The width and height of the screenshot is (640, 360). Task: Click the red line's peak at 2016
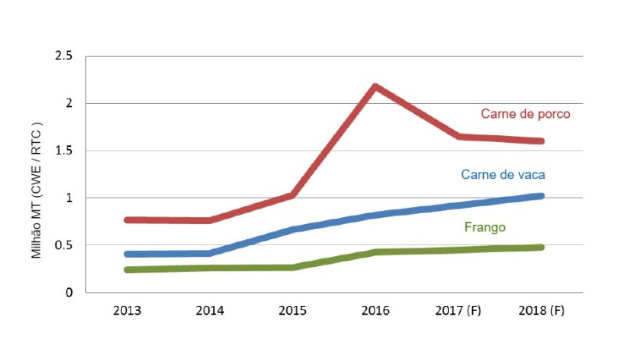click(x=375, y=86)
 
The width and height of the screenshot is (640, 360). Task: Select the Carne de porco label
click(x=525, y=113)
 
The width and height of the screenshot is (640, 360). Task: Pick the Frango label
click(x=485, y=227)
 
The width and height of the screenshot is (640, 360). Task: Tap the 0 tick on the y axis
click(x=69, y=292)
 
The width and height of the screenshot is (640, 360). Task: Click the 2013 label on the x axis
click(x=126, y=310)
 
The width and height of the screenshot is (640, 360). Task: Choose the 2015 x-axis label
click(x=293, y=310)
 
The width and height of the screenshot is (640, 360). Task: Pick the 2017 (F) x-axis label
click(x=458, y=310)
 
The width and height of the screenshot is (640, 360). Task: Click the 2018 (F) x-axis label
click(x=541, y=310)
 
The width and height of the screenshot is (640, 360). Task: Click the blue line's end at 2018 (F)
click(x=541, y=196)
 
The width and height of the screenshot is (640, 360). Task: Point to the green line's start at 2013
click(x=126, y=269)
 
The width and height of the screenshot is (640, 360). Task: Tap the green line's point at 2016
click(x=375, y=252)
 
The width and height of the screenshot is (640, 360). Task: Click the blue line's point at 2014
click(x=209, y=253)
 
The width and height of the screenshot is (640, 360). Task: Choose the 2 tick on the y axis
click(x=69, y=103)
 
